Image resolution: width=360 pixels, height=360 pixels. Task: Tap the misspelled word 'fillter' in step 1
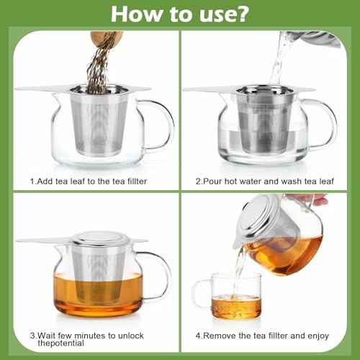[x=134, y=181]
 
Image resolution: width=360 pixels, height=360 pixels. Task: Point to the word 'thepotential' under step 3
[x=61, y=343]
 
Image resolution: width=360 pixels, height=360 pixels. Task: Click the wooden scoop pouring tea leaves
[x=107, y=37]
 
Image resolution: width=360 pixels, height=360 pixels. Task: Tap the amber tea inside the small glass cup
[x=235, y=307]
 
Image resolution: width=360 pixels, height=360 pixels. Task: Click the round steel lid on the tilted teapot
[x=256, y=216]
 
